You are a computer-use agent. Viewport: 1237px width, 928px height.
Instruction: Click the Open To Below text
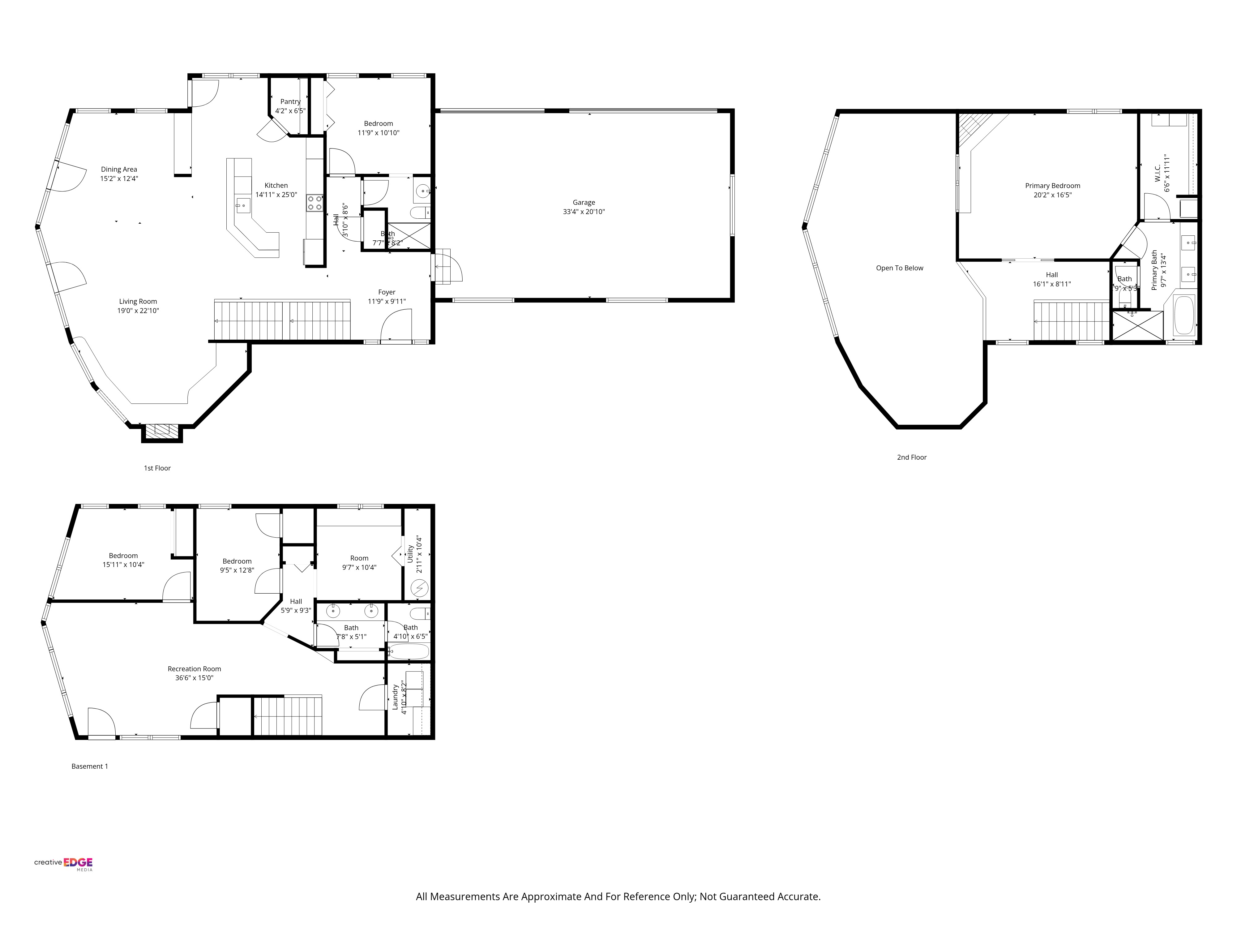(x=899, y=268)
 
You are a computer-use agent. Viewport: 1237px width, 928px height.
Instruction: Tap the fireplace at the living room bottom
(x=162, y=430)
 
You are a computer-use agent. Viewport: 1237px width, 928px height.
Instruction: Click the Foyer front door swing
(x=396, y=326)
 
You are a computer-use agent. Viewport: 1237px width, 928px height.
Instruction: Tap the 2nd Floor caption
(x=912, y=457)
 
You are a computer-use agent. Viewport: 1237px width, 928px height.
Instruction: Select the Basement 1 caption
(x=89, y=766)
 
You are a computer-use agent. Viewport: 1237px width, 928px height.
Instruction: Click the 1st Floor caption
(x=157, y=468)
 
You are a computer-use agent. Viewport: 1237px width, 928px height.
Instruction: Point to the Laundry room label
(x=395, y=697)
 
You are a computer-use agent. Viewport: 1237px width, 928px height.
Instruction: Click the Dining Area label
(x=118, y=170)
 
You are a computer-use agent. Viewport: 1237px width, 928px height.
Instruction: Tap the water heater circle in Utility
(x=419, y=588)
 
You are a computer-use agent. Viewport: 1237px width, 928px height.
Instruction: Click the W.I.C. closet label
(x=1158, y=174)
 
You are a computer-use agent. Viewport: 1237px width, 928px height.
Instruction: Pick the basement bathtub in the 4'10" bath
(x=409, y=651)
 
